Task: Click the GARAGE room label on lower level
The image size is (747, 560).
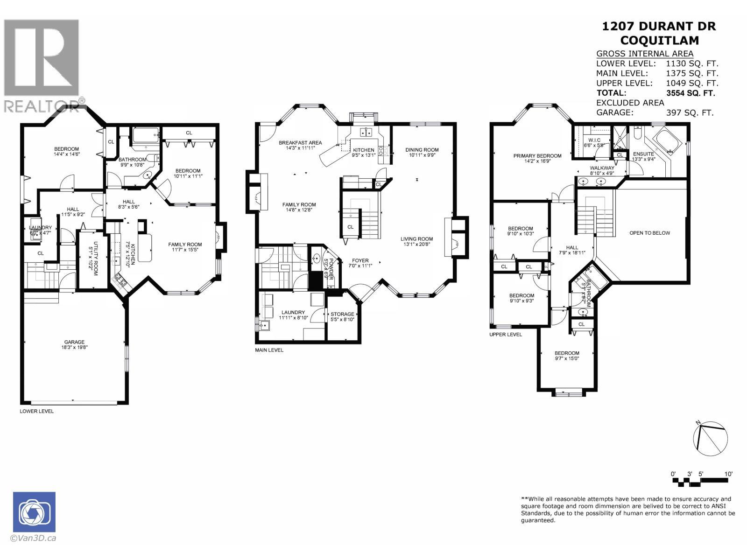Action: (74, 342)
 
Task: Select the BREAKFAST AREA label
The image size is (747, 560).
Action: (300, 143)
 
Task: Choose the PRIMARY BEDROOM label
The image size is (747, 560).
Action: (537, 156)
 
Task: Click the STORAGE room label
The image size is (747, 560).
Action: (342, 314)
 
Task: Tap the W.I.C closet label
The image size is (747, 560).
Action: (594, 140)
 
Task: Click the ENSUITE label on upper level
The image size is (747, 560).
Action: (643, 154)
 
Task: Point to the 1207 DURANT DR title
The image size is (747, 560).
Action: (659, 26)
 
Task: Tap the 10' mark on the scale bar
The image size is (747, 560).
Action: (728, 474)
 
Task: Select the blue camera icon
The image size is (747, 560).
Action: (34, 512)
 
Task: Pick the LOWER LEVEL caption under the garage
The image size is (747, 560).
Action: (36, 411)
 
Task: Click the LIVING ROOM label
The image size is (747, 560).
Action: (416, 239)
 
